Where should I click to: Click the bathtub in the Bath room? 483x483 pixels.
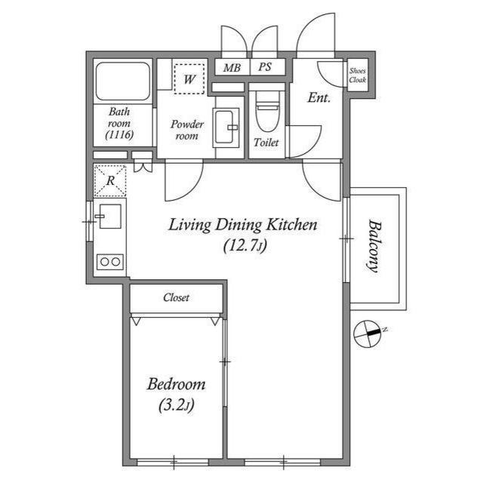point(122,82)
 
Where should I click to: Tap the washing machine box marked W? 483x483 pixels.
point(189,78)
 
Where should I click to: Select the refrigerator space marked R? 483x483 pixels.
point(110,181)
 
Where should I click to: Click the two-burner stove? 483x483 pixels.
point(110,262)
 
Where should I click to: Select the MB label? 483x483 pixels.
point(232,67)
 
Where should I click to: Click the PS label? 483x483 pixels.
point(265,67)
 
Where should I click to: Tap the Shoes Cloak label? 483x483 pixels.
point(358,75)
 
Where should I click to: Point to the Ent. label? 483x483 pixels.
point(318,98)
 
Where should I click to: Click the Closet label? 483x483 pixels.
point(176,297)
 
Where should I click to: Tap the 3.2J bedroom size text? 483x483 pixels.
point(177,405)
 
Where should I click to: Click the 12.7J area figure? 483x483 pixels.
point(245,245)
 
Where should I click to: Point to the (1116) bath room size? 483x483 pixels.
point(119,134)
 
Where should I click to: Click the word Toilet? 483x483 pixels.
point(266,143)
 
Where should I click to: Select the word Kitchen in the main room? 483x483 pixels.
point(291,225)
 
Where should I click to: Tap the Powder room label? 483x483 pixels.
point(187,130)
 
